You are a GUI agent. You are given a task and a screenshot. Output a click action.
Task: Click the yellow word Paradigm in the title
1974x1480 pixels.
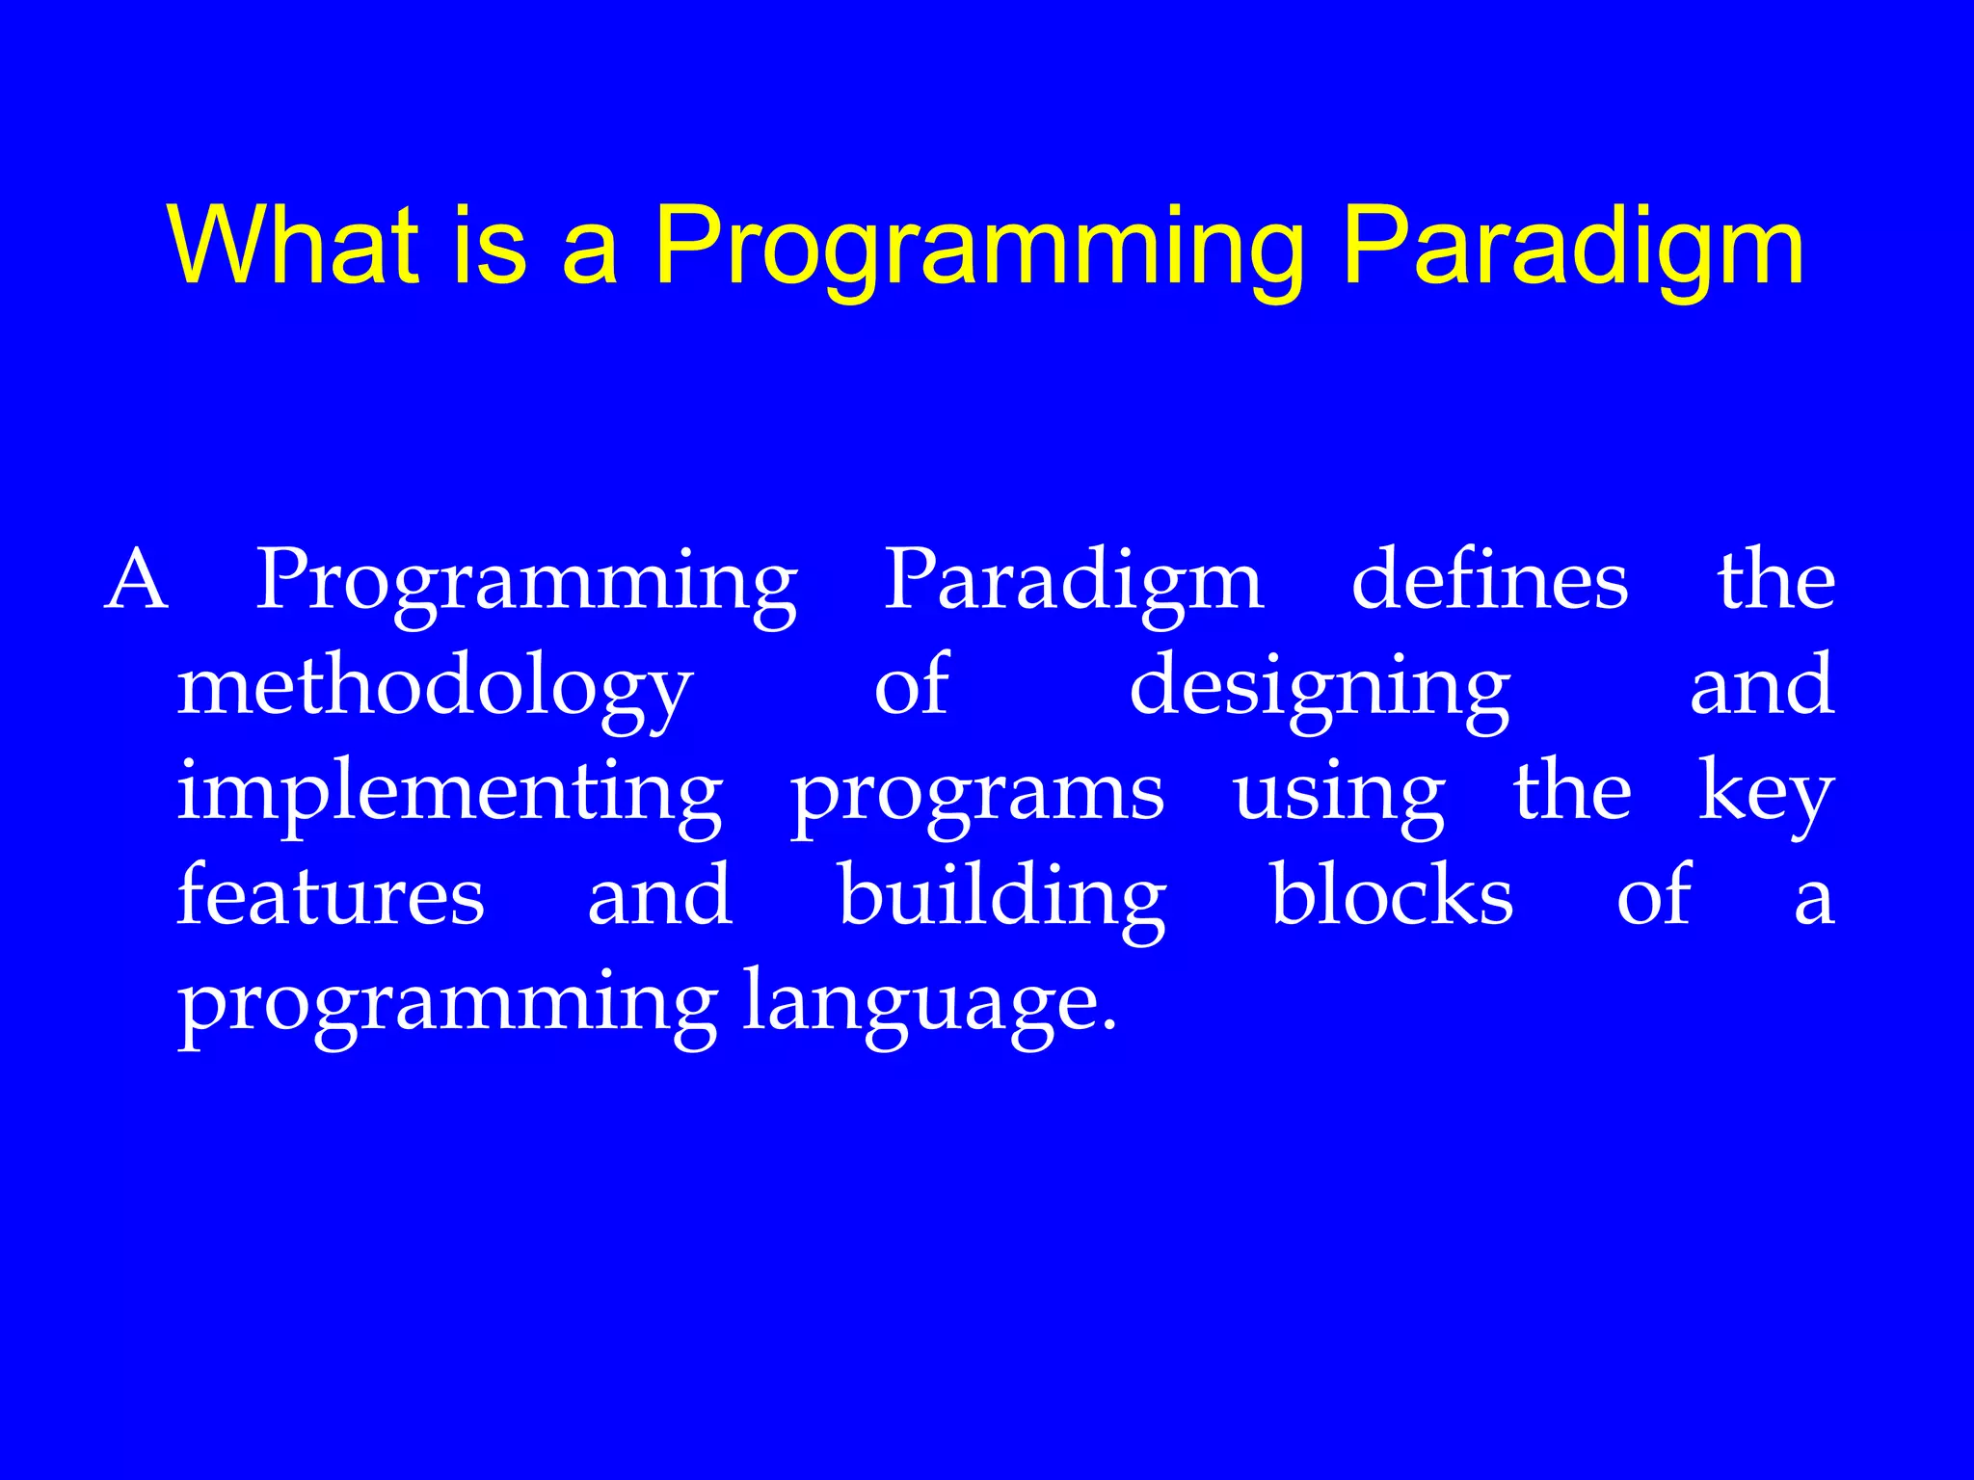[x=1572, y=249]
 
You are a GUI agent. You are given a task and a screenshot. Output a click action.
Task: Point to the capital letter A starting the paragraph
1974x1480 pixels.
[x=137, y=581]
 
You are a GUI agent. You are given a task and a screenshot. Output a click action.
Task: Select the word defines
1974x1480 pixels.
[x=1489, y=581]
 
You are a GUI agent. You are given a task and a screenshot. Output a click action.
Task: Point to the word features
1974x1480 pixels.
[x=331, y=897]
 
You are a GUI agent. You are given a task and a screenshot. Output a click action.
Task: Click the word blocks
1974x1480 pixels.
[x=1392, y=895]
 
